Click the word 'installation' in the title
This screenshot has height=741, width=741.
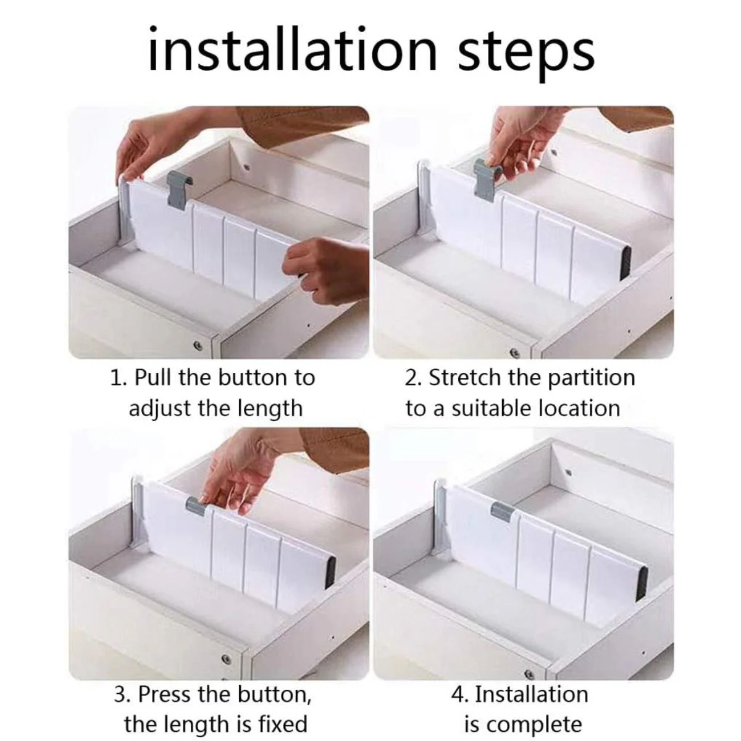coord(292,49)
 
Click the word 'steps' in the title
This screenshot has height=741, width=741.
coord(525,54)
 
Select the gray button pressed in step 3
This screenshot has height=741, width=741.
coord(196,506)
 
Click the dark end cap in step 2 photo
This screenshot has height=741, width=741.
coord(626,264)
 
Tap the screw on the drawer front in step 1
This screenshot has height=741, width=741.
coord(198,345)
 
